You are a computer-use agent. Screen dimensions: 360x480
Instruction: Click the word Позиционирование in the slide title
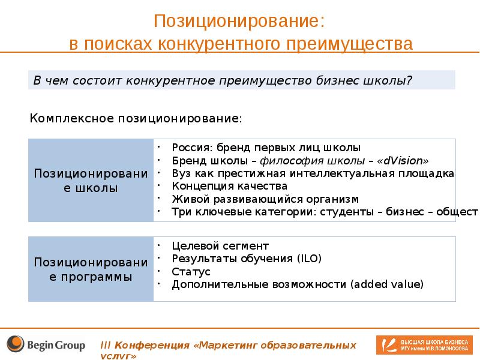[x=239, y=21]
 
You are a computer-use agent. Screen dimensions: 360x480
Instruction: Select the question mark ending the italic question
[x=409, y=80]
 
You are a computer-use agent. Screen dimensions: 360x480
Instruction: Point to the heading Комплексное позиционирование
[x=136, y=118]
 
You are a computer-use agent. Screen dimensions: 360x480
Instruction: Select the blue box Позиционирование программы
[x=91, y=269]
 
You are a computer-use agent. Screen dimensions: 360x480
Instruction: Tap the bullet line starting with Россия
[x=266, y=147]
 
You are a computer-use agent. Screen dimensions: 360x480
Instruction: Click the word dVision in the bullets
[x=405, y=160]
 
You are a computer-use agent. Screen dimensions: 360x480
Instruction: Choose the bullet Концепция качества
[x=226, y=186]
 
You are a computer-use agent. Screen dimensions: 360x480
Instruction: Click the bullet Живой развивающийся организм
[x=265, y=199]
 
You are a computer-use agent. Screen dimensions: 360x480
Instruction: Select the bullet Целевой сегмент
[x=220, y=246]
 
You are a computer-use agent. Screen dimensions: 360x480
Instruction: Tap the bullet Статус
[x=191, y=272]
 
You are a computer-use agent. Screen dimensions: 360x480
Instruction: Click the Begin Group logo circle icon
[x=16, y=344]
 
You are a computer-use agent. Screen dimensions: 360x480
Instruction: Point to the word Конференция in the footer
[x=153, y=346]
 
